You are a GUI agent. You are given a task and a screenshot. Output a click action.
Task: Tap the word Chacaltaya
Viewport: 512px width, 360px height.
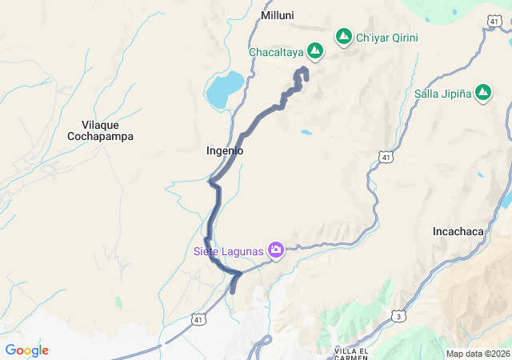(x=275, y=52)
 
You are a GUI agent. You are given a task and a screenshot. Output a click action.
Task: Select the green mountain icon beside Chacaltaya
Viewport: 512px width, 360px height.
(x=315, y=51)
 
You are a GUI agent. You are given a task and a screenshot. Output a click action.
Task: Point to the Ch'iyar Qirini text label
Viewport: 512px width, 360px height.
(x=387, y=37)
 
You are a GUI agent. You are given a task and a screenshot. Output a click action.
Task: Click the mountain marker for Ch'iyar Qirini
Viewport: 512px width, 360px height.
(x=344, y=37)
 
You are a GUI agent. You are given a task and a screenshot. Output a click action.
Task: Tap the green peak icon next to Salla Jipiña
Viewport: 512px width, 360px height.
(x=483, y=94)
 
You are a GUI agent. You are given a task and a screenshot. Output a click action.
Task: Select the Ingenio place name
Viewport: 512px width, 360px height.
(x=225, y=150)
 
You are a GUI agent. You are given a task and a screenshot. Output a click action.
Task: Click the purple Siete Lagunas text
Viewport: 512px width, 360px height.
(x=228, y=251)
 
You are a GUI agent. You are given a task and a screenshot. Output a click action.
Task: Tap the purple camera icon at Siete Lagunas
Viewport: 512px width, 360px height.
(x=276, y=251)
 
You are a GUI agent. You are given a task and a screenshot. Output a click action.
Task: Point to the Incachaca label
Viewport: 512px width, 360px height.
(x=458, y=231)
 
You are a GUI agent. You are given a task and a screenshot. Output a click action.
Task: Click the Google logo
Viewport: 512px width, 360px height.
(x=26, y=350)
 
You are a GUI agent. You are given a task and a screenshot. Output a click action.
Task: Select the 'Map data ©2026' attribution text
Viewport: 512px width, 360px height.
(x=478, y=354)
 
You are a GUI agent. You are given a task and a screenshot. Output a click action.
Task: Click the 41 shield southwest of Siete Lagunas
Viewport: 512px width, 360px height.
(x=197, y=319)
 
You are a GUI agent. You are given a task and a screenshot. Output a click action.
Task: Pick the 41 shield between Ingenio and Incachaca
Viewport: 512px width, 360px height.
(x=386, y=158)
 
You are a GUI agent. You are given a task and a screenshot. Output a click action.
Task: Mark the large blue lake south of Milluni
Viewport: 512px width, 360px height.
(x=225, y=90)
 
